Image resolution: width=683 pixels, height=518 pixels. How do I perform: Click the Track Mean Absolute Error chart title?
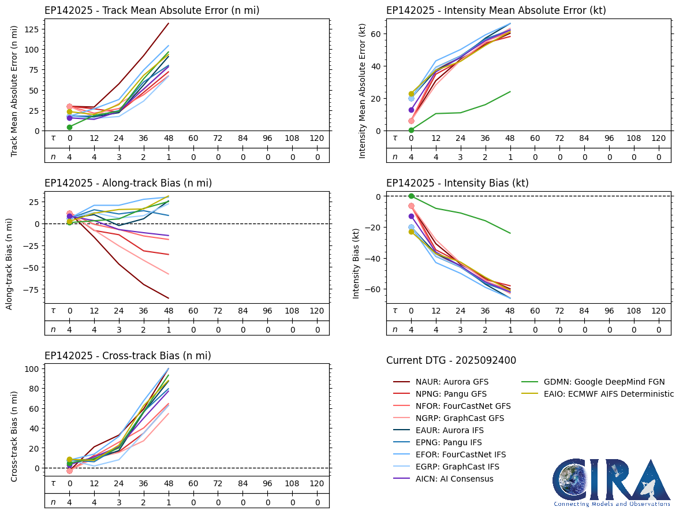(x=151, y=10)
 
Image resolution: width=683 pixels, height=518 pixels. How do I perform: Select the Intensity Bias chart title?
(x=457, y=183)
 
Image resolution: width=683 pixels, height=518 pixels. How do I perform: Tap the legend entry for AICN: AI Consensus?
(x=454, y=479)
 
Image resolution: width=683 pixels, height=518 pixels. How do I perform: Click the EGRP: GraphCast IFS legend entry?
(x=457, y=467)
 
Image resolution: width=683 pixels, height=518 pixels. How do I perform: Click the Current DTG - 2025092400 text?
(x=451, y=360)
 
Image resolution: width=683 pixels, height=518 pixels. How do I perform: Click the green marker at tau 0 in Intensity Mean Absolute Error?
(x=411, y=130)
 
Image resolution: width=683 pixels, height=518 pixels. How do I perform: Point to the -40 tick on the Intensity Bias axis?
(x=372, y=258)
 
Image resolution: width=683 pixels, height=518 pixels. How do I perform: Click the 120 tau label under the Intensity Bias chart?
(x=658, y=311)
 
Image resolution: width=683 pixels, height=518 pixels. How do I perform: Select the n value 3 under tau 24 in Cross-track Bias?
(x=119, y=502)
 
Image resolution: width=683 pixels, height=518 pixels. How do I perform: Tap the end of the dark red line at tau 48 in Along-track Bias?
(x=168, y=298)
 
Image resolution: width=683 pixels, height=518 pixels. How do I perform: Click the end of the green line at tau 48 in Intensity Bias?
(x=510, y=233)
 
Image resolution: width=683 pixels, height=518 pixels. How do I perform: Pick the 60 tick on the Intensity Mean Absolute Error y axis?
(x=375, y=33)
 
